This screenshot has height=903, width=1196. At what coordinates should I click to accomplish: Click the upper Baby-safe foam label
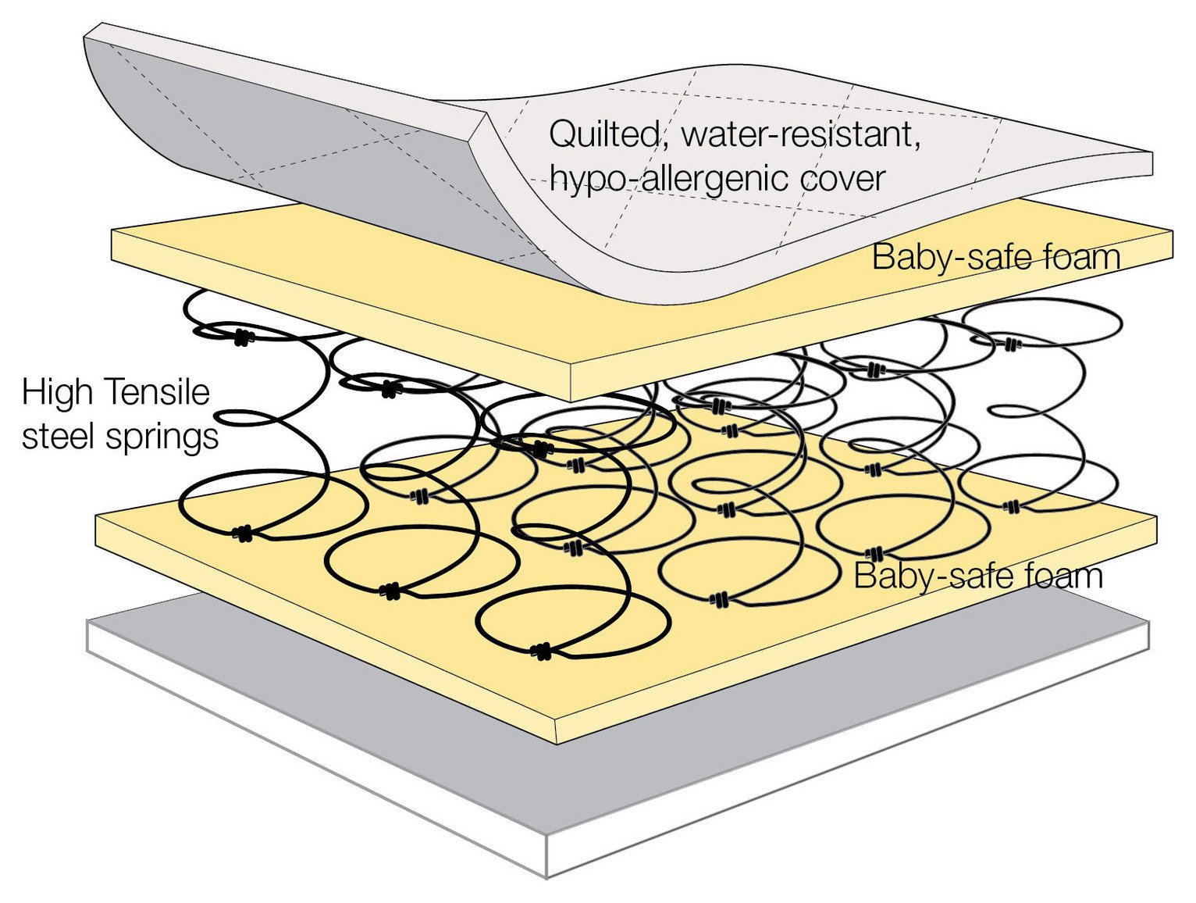coord(995,257)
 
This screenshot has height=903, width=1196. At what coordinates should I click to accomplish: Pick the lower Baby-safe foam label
coord(977,576)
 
